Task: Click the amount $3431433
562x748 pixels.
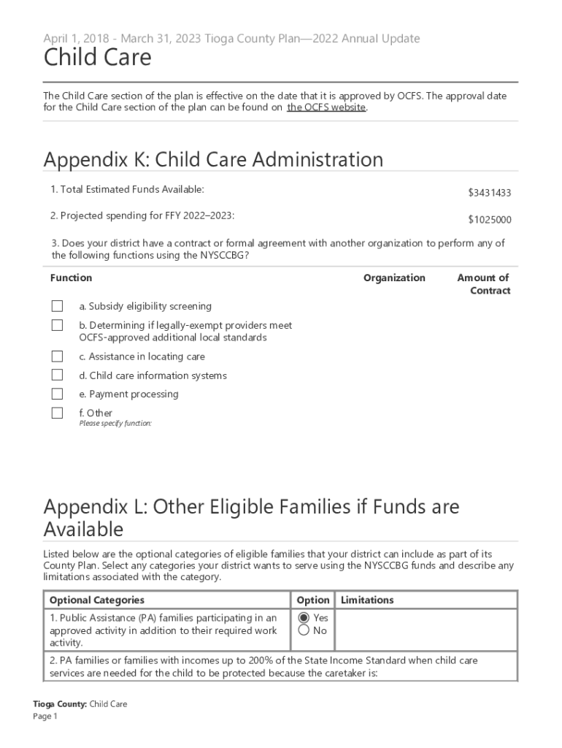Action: click(x=489, y=193)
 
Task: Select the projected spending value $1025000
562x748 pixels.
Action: click(x=489, y=220)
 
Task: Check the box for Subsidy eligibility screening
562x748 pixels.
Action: click(x=57, y=307)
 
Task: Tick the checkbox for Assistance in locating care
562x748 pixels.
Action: click(x=57, y=356)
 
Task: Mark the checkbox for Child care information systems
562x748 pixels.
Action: click(x=57, y=375)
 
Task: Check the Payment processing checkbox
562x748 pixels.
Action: click(x=57, y=394)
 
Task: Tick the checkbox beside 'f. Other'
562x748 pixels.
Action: click(x=57, y=413)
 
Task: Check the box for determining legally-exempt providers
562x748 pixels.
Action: click(x=57, y=326)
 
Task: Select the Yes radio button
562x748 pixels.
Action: click(x=304, y=618)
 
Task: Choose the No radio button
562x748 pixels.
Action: click(x=304, y=630)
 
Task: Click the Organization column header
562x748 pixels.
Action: click(x=394, y=278)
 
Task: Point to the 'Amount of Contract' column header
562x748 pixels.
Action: click(x=482, y=284)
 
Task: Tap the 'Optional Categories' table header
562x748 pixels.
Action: click(x=96, y=600)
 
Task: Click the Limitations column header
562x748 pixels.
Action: click(x=367, y=600)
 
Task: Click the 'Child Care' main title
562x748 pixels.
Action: click(x=97, y=58)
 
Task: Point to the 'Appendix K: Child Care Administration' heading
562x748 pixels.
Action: click(x=213, y=159)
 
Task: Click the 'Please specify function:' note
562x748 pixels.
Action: click(x=115, y=424)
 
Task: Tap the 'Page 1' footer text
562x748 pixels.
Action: click(x=45, y=717)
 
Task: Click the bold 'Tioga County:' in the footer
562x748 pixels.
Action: click(x=60, y=704)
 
